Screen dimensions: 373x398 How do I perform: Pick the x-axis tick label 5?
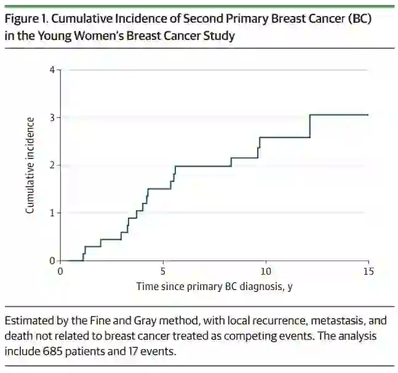click(x=163, y=271)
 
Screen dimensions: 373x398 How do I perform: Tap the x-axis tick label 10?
click(x=266, y=271)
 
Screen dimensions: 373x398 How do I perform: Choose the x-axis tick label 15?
click(x=368, y=271)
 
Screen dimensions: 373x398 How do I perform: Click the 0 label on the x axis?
click(x=60, y=271)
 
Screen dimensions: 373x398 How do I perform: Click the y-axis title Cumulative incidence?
click(x=29, y=165)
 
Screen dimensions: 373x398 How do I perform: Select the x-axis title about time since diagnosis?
click(x=214, y=286)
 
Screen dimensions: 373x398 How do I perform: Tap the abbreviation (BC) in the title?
click(x=360, y=18)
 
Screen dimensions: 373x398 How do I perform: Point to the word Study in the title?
click(x=219, y=36)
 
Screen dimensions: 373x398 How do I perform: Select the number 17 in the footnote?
click(x=142, y=352)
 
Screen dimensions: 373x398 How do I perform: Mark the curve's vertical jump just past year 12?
click(x=309, y=126)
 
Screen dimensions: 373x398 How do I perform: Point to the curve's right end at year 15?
click(x=368, y=114)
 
